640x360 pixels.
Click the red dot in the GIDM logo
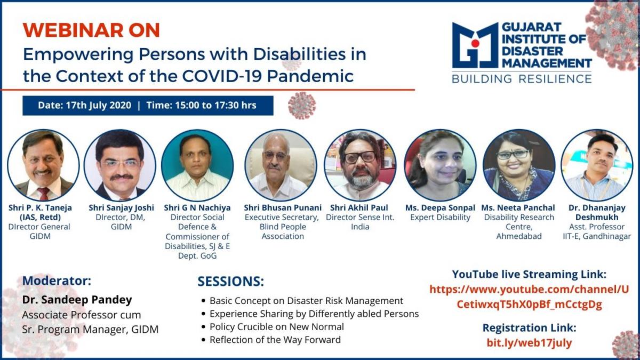pos(475,43)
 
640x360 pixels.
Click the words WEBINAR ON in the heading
pos(91,30)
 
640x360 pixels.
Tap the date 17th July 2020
pos(99,105)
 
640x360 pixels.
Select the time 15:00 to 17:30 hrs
pos(215,105)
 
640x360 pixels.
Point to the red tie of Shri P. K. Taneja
pos(44,194)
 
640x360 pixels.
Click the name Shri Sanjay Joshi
pos(122,207)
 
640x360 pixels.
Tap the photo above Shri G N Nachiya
pos(197,165)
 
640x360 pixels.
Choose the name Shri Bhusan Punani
pos(283,207)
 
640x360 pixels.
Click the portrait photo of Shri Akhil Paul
pos(360,165)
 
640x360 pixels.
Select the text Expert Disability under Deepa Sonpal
pos(441,218)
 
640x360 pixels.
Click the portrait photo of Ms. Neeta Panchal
pos(519,165)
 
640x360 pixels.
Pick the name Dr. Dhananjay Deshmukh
pos(597,212)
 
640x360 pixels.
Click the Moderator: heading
pos(57,281)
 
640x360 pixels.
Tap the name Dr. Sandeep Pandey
pos(77,300)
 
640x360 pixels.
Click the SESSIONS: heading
pos(231,282)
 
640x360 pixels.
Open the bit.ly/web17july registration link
pos(530,342)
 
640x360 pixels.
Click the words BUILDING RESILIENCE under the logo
pos(522,78)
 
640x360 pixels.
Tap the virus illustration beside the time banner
pos(302,106)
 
